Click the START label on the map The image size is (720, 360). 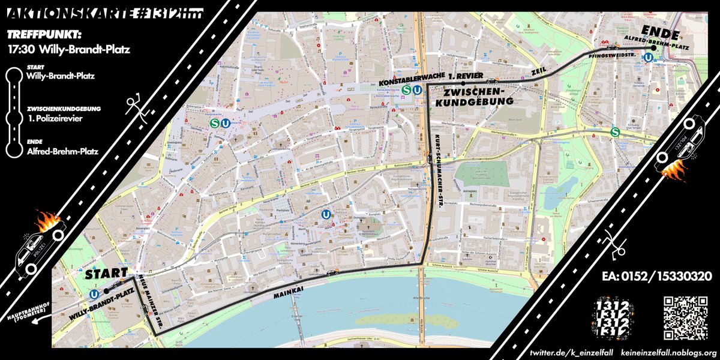click(107, 274)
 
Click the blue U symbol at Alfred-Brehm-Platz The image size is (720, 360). click(647, 58)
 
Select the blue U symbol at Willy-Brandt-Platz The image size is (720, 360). click(94, 294)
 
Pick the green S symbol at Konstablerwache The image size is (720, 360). click(406, 91)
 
